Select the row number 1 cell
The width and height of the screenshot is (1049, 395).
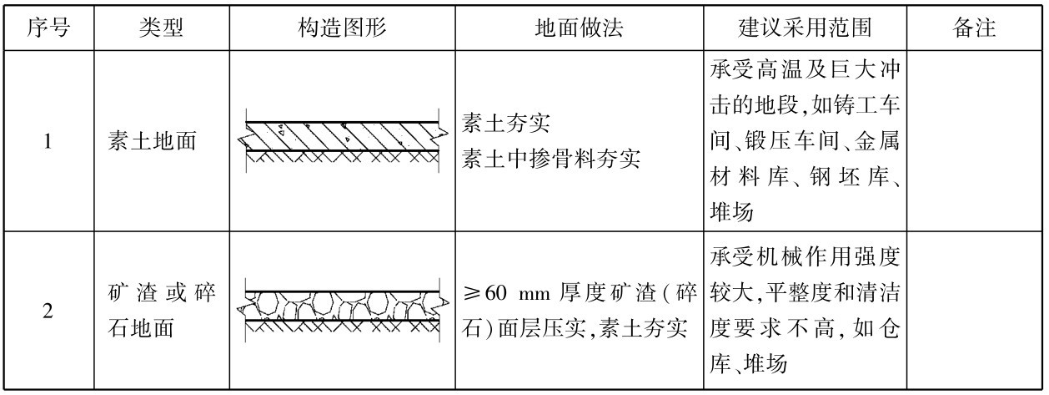click(x=48, y=143)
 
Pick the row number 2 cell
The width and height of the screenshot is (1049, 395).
click(x=48, y=311)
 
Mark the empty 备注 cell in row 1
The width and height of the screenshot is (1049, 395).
click(x=973, y=143)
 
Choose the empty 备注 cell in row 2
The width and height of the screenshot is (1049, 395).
click(x=973, y=311)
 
